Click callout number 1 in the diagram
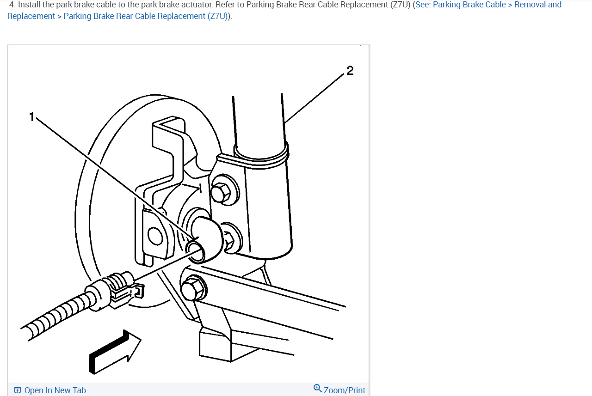(x=32, y=116)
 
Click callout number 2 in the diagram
(x=350, y=71)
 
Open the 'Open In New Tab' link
(x=55, y=390)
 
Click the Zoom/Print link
(x=344, y=390)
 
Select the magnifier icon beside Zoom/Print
(x=318, y=388)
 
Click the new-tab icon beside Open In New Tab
(x=18, y=390)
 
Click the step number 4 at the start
(x=12, y=5)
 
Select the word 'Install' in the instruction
(x=29, y=5)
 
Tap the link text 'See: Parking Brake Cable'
(x=460, y=5)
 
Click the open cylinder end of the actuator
(x=196, y=249)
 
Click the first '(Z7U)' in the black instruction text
(x=400, y=5)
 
